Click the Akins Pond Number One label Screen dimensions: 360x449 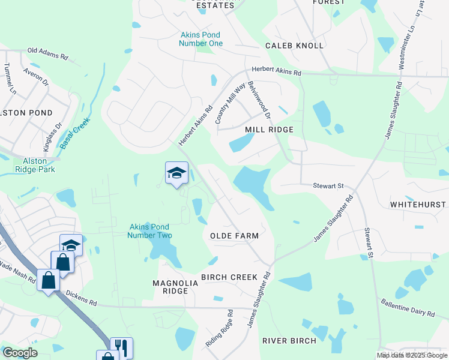[x=202, y=39]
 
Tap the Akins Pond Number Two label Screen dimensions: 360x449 [x=149, y=231]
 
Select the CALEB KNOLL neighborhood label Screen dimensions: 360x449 [x=295, y=46]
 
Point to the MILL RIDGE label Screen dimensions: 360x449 [x=269, y=130]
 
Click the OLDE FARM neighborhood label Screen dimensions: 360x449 [x=234, y=236]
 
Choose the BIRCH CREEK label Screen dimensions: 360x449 [x=229, y=277]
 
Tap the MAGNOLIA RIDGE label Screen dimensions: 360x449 [x=170, y=287]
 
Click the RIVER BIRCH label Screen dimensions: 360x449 [x=289, y=341]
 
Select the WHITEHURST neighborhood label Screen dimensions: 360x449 [x=418, y=205]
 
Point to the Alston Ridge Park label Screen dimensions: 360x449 [x=39, y=165]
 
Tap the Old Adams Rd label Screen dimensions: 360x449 [x=48, y=52]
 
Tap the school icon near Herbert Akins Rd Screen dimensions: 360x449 [x=176, y=173]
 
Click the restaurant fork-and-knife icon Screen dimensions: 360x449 [x=121, y=347]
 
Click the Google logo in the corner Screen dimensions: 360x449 [x=20, y=353]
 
